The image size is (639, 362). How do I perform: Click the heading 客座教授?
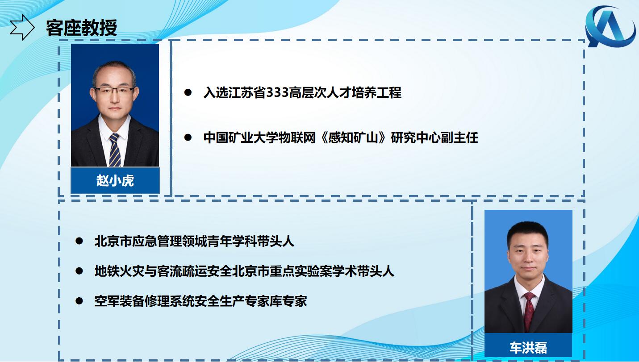point(82,28)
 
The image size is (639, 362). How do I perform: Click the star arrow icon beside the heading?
point(22,27)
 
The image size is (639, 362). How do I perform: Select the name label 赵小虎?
point(115,181)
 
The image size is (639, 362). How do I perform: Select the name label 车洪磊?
point(528,348)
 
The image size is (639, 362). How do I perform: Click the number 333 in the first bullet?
point(277,93)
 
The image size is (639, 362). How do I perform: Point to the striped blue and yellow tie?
point(115,150)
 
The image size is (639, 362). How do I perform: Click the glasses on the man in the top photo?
point(114,91)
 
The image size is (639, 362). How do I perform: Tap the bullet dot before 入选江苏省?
point(188,92)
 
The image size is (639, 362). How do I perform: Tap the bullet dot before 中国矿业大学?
point(188,137)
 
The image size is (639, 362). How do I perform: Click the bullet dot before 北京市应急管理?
point(79,241)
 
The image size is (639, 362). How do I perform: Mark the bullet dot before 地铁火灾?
point(79,271)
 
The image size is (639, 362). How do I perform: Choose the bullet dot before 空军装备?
point(79,301)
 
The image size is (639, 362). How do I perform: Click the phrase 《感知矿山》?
point(353,138)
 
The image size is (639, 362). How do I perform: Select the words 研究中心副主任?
point(434,138)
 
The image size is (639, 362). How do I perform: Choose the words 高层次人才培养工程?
point(345,93)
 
